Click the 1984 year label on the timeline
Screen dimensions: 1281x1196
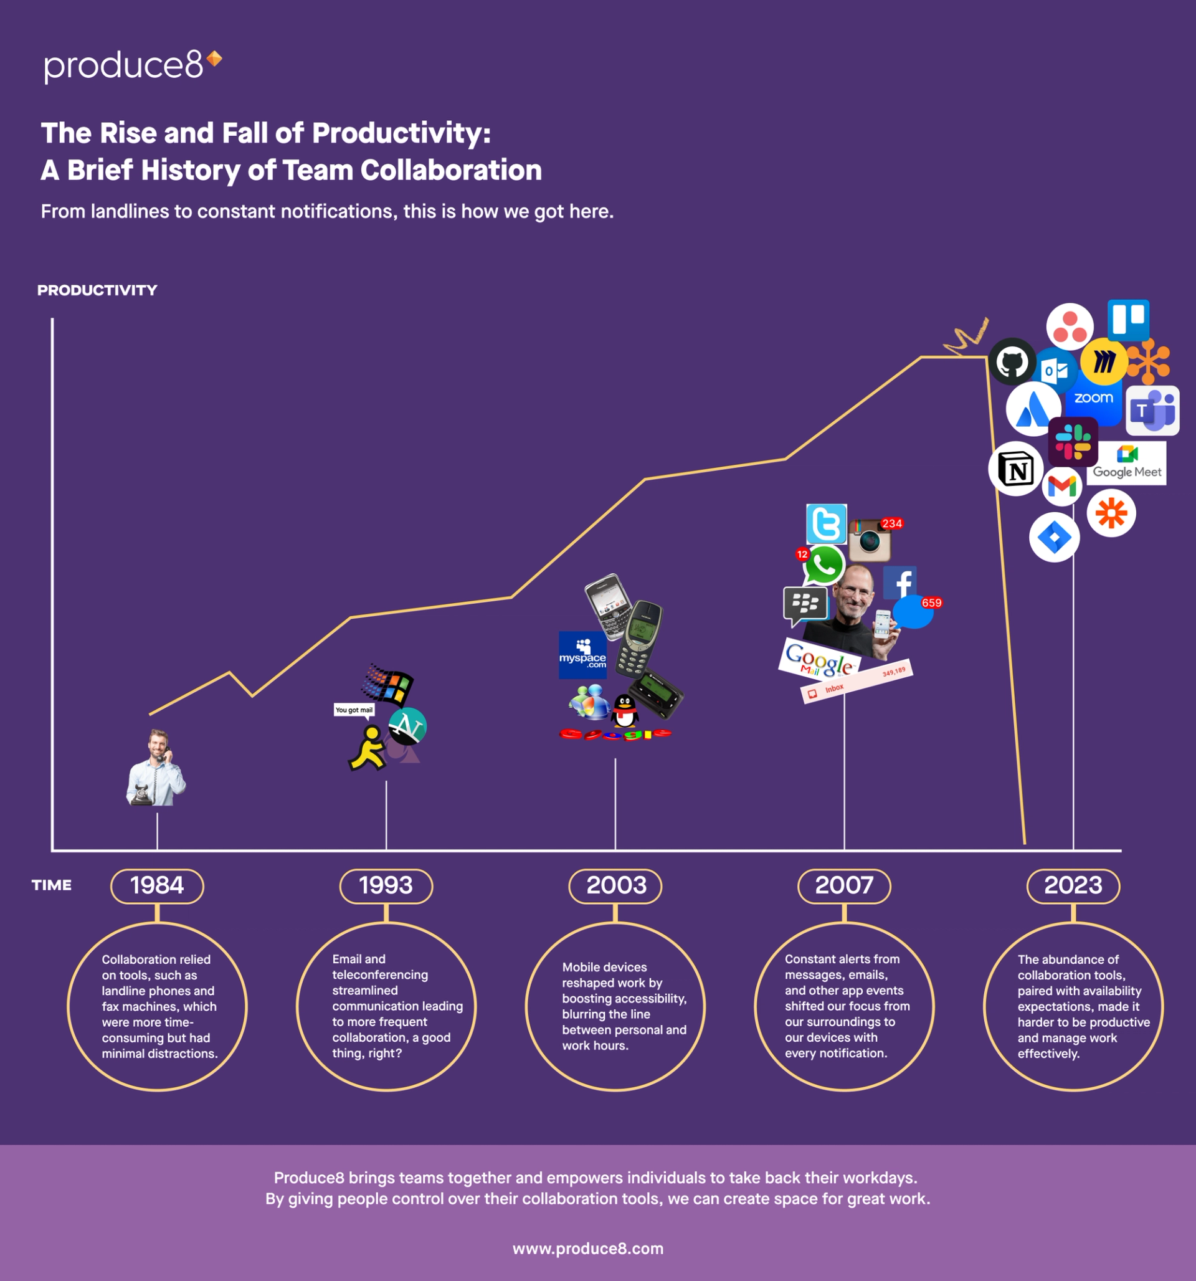tap(157, 885)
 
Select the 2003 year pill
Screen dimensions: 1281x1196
tap(615, 885)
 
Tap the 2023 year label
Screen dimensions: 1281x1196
tap(1073, 885)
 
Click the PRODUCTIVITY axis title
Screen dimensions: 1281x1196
tap(97, 290)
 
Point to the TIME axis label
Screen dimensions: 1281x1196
tap(52, 885)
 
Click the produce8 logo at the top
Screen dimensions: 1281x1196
tap(132, 65)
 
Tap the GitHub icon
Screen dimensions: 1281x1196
tap(1012, 361)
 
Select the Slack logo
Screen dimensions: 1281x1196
tap(1073, 441)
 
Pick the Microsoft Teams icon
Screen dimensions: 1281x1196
tap(1153, 411)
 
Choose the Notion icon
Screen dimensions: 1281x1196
tap(1015, 469)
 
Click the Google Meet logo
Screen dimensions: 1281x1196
tap(1127, 464)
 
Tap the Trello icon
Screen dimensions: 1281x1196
tap(1128, 320)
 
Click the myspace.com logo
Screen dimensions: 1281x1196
tap(582, 655)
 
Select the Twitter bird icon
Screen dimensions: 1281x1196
tap(826, 524)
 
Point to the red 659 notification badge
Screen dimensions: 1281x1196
tap(932, 603)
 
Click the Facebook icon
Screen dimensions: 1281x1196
tap(900, 583)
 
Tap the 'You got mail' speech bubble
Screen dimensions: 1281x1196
tap(354, 710)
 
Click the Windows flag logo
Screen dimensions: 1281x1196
tap(389, 684)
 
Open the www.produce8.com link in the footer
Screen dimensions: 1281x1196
tap(587, 1249)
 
